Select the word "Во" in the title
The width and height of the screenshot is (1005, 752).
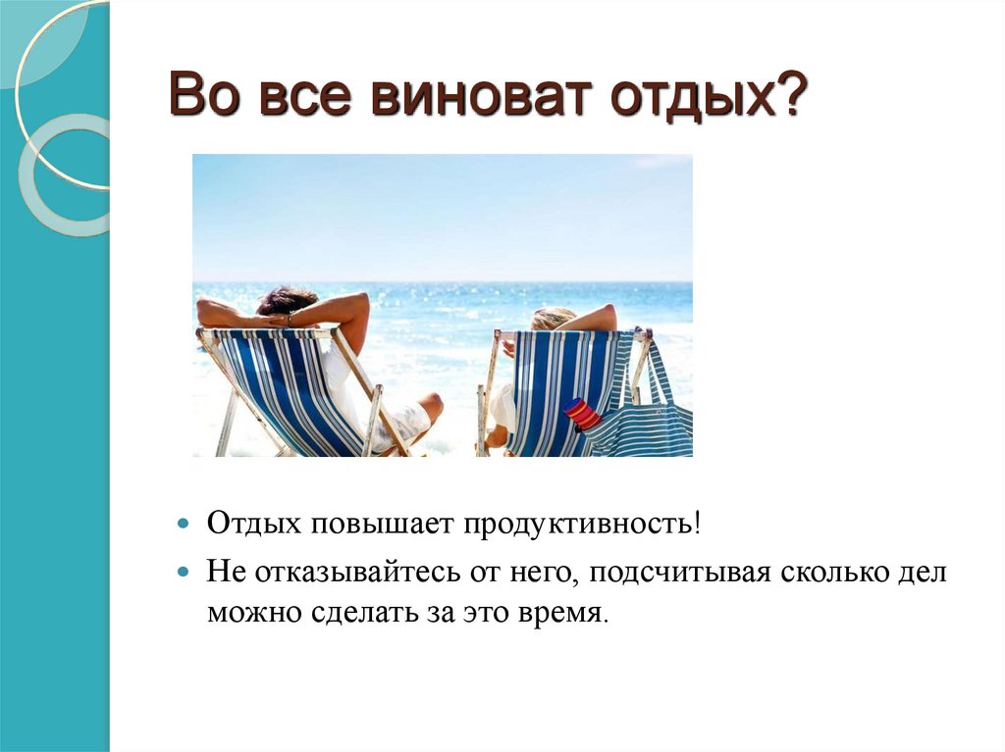pos(203,100)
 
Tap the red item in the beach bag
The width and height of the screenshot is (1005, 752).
pos(582,414)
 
